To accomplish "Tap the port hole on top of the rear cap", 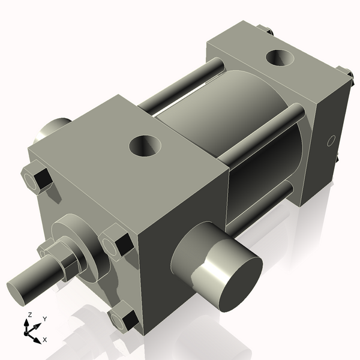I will [x=280, y=59].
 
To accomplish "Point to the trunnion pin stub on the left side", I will [x=54, y=130].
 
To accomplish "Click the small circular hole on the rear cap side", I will [x=329, y=142].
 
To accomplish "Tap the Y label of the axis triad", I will [x=44, y=319].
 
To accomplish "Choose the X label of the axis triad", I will [x=45, y=340].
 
